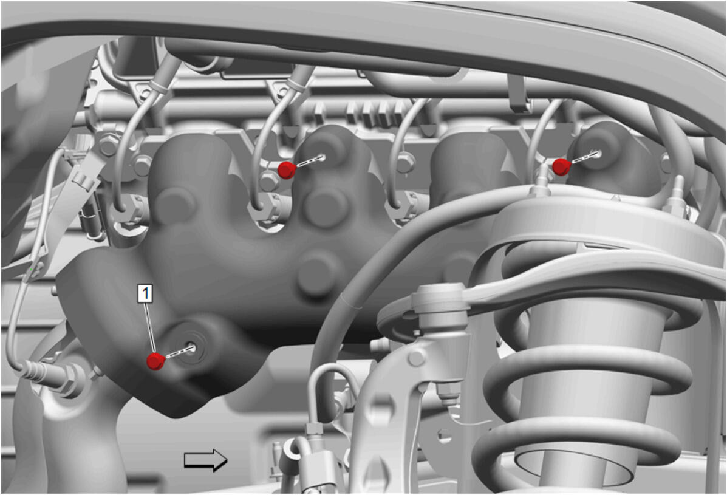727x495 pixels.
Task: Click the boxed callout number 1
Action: (x=146, y=293)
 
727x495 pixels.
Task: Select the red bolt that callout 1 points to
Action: (x=155, y=361)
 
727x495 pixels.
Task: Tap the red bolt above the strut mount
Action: (x=561, y=167)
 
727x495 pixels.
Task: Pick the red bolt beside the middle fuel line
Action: (x=287, y=170)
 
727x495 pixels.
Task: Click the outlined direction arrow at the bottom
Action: (x=206, y=460)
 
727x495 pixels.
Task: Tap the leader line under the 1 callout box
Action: (x=150, y=327)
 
